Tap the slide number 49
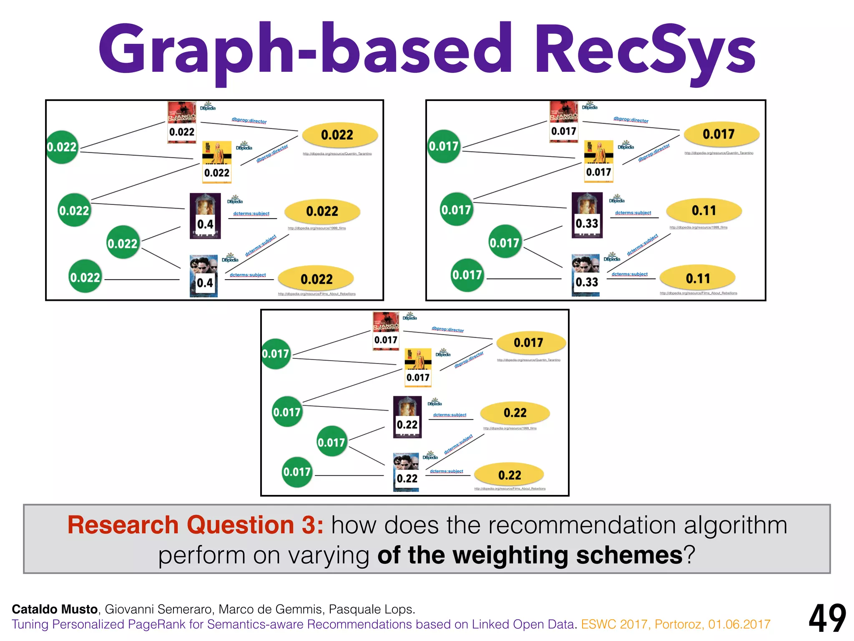click(x=827, y=619)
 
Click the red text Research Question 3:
click(x=195, y=525)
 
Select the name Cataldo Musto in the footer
click(x=55, y=609)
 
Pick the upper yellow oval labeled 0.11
click(x=704, y=211)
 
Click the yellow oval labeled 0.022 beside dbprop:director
click(x=339, y=135)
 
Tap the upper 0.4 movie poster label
click(x=205, y=224)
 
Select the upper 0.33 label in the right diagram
click(x=587, y=224)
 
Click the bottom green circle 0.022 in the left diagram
click(x=85, y=277)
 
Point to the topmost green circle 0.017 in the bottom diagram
click(x=276, y=354)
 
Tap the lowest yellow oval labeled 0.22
click(x=509, y=475)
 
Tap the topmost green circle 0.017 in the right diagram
click(x=444, y=146)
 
